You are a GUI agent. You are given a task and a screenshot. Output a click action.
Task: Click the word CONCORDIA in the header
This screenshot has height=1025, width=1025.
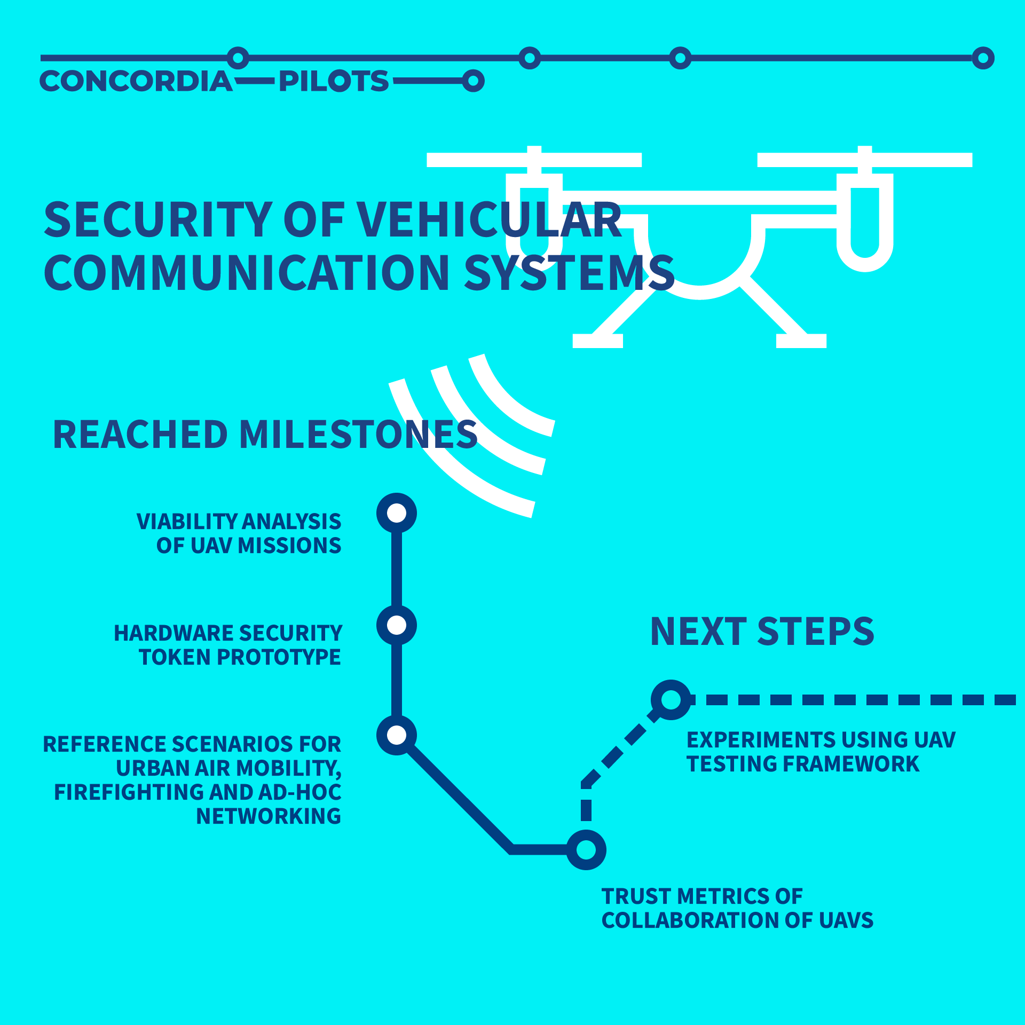(x=136, y=81)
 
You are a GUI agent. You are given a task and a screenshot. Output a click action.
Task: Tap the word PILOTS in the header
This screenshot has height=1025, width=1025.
(x=334, y=81)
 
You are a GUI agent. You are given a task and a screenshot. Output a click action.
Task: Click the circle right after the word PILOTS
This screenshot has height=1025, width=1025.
(x=473, y=81)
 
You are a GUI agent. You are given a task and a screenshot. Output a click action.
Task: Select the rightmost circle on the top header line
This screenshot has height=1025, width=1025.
(x=983, y=58)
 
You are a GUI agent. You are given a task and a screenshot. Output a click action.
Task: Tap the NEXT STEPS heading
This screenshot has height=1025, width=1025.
(x=762, y=631)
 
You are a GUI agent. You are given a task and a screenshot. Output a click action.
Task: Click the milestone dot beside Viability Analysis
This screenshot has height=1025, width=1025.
(x=397, y=513)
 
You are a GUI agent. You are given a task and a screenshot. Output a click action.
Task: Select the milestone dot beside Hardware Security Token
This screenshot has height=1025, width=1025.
(x=397, y=625)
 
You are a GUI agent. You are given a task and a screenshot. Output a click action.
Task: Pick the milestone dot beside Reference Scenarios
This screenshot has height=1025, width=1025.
(x=397, y=735)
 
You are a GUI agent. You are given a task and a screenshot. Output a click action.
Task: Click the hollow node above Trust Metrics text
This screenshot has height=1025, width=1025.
(x=586, y=849)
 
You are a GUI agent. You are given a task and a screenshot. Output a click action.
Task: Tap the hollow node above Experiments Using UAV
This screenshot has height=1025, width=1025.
(x=671, y=700)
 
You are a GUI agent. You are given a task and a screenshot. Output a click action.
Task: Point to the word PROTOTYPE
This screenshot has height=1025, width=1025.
(x=278, y=657)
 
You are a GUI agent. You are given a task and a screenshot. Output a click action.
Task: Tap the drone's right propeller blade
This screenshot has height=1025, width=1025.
(x=865, y=160)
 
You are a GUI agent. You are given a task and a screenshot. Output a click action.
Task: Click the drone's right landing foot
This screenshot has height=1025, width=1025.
(x=801, y=341)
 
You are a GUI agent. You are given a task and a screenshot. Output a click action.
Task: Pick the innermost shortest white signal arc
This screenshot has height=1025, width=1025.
(x=507, y=400)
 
